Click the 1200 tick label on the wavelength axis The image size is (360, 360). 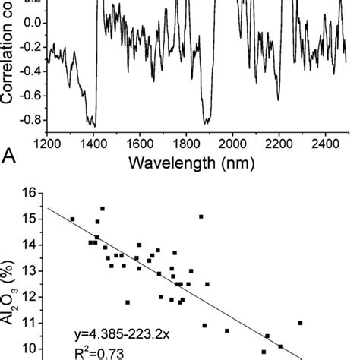coord(47,141)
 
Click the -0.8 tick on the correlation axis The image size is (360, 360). coord(28,118)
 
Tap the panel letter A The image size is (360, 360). coord(10,156)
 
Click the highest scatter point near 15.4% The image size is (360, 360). coord(103,208)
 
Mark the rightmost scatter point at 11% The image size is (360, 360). coord(300,323)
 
